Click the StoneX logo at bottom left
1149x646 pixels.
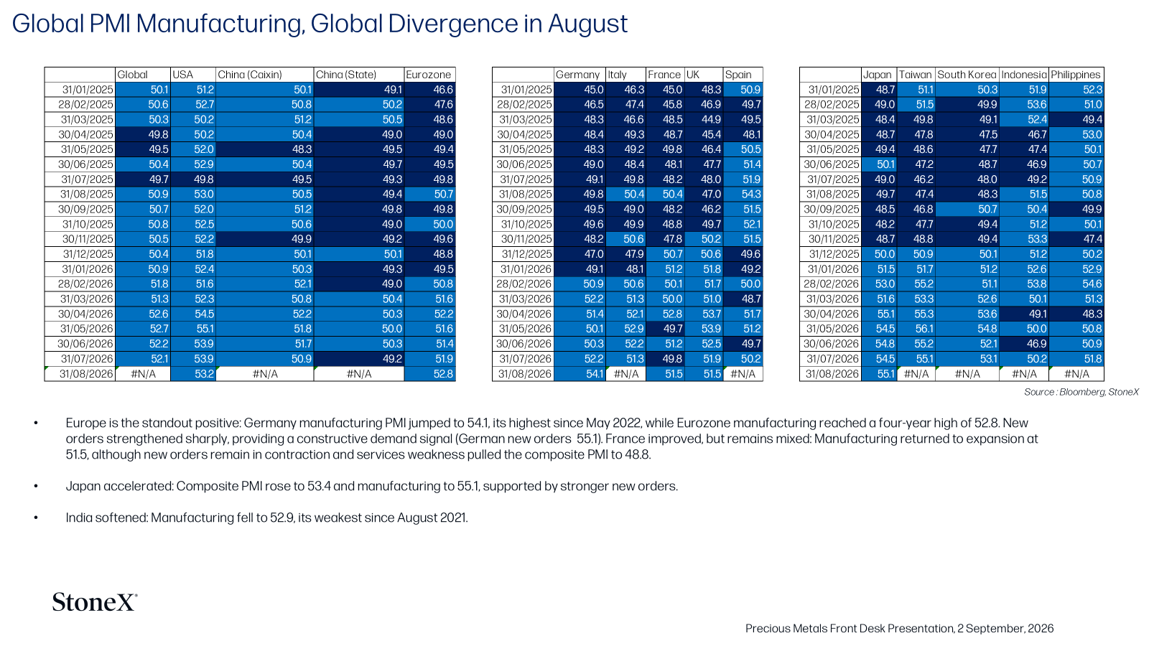click(95, 602)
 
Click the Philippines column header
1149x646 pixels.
click(1076, 75)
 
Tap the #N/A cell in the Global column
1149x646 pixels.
click(143, 374)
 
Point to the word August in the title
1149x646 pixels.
click(587, 24)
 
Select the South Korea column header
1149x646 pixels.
click(967, 75)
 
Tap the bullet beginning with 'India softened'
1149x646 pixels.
click(266, 518)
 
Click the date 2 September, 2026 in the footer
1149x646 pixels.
click(1005, 629)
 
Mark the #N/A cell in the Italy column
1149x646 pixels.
click(625, 374)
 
